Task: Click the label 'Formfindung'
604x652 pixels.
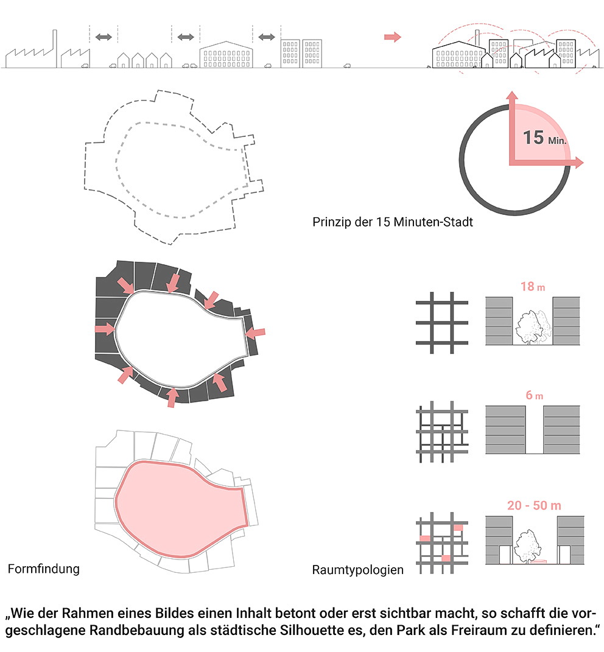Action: [44, 569]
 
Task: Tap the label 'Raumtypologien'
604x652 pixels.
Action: [358, 570]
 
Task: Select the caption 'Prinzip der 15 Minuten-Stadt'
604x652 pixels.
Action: [393, 222]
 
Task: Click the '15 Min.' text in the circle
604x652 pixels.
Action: [544, 138]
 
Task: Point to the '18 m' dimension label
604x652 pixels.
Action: [532, 287]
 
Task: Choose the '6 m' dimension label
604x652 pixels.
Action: [534, 395]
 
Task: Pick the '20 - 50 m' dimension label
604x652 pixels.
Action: [534, 505]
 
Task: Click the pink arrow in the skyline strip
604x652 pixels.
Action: [392, 37]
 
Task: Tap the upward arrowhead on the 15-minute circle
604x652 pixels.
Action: [512, 95]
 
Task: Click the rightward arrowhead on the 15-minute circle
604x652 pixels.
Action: [580, 163]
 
